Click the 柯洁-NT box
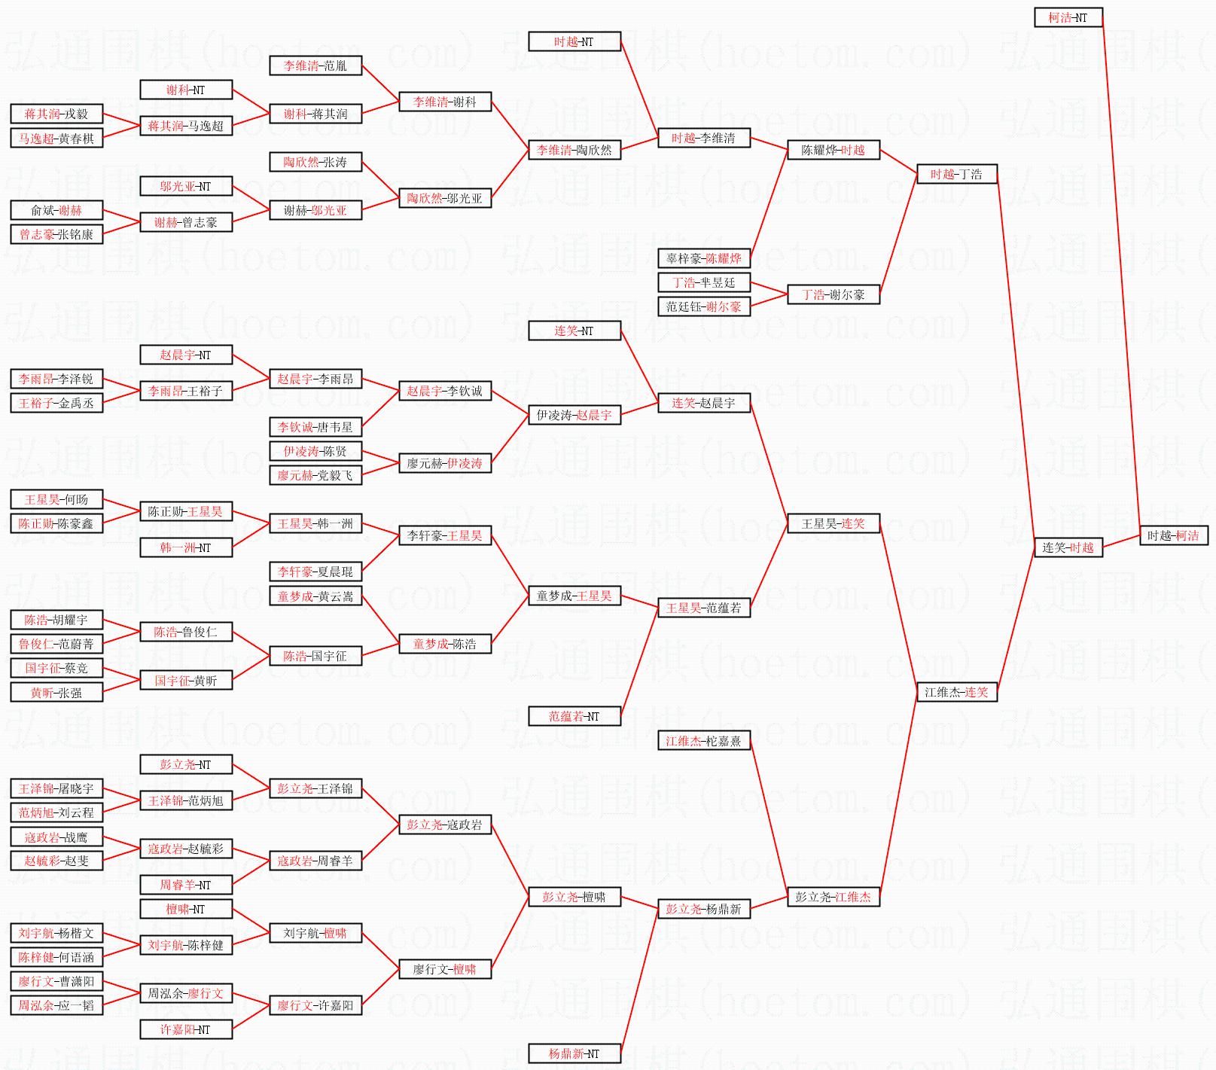click(x=1068, y=17)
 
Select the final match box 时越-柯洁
click(x=1173, y=535)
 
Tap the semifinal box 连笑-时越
click(x=1068, y=547)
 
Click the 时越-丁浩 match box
click(x=956, y=174)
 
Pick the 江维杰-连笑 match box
click(x=956, y=692)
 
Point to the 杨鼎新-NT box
click(x=574, y=1053)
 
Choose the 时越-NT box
click(x=574, y=41)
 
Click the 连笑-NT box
click(x=574, y=331)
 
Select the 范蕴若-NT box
click(x=574, y=716)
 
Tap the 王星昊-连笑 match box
click(x=833, y=523)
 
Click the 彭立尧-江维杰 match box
click(x=833, y=897)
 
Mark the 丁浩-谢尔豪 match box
click(x=833, y=294)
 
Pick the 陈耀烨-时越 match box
click(x=833, y=150)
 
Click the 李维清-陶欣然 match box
click(x=574, y=150)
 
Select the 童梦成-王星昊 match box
click(x=574, y=596)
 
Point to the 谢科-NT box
click(x=185, y=90)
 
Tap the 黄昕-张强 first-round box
click(x=56, y=692)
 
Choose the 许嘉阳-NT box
click(x=185, y=1029)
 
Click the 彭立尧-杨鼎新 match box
click(x=703, y=909)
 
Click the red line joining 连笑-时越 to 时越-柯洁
click(x=1121, y=541)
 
